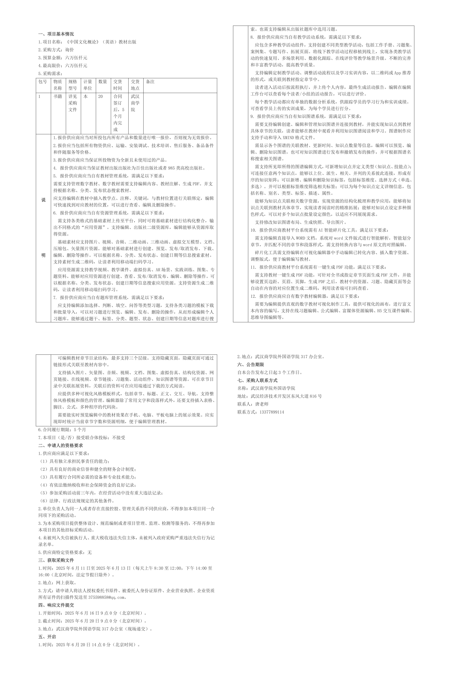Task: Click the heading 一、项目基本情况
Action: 56,34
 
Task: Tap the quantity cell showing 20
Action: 101,96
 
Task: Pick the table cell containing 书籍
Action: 58,96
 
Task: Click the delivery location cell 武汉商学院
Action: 135,103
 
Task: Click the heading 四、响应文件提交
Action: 56,605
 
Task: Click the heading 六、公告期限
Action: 250,365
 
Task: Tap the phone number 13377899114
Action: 272,412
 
